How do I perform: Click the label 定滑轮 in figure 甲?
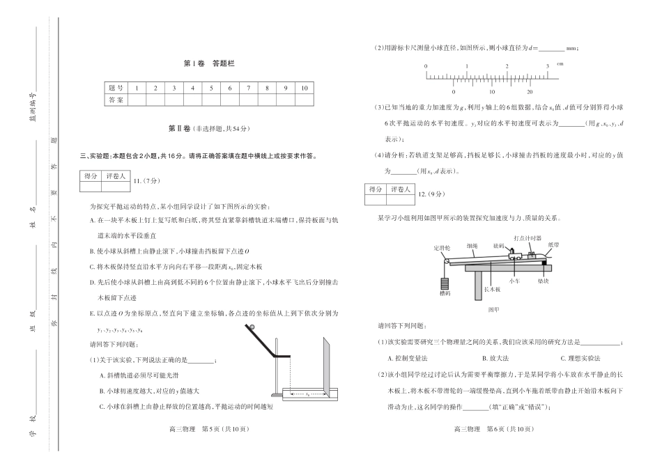click(442, 247)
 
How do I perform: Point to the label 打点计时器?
click(527, 237)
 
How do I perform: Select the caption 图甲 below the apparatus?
click(493, 307)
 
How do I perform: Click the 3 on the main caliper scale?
click(547, 65)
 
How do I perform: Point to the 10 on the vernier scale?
click(491, 91)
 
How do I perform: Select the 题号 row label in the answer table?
click(116, 88)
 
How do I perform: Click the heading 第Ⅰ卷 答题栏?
click(210, 63)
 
